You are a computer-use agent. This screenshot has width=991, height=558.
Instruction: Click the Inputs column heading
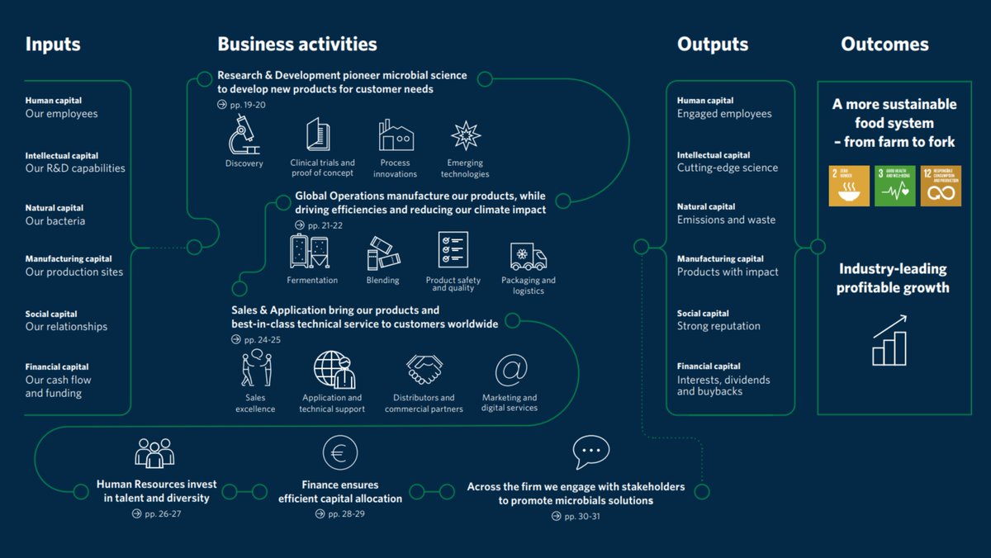(x=54, y=45)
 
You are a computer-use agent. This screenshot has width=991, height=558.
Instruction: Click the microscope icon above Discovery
(x=244, y=135)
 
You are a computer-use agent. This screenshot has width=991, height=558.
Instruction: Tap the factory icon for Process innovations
(x=396, y=135)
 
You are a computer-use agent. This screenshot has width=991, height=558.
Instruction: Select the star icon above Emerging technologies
(x=466, y=135)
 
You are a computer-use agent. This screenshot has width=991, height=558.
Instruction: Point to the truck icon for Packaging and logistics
(x=529, y=257)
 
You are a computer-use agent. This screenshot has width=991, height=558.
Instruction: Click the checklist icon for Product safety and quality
(x=453, y=250)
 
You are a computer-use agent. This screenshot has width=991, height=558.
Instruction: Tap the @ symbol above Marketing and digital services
(x=510, y=370)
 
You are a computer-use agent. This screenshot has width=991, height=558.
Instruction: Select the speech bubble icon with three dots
(x=590, y=452)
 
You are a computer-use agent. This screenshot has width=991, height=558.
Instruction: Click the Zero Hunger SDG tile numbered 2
(x=848, y=186)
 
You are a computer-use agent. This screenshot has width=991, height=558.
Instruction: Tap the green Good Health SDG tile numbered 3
(x=894, y=186)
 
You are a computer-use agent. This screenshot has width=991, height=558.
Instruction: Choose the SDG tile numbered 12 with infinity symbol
(x=941, y=186)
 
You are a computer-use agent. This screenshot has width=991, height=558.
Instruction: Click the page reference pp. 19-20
(x=242, y=105)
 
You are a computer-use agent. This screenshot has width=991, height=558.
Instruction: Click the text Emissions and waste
(x=726, y=220)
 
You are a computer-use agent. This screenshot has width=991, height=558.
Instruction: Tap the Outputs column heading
(x=713, y=45)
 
